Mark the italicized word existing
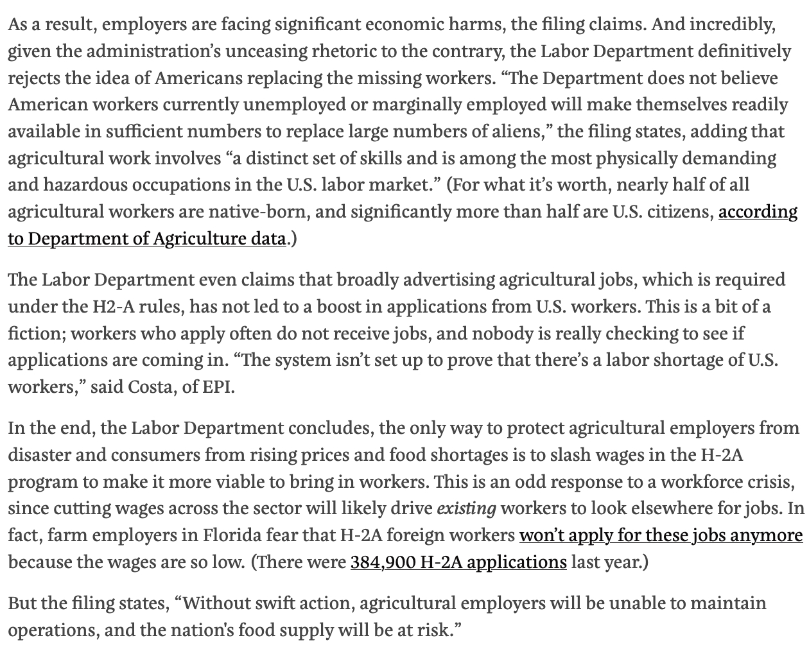coord(466,509)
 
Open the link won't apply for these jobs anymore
coord(661,535)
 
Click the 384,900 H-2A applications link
coord(458,562)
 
